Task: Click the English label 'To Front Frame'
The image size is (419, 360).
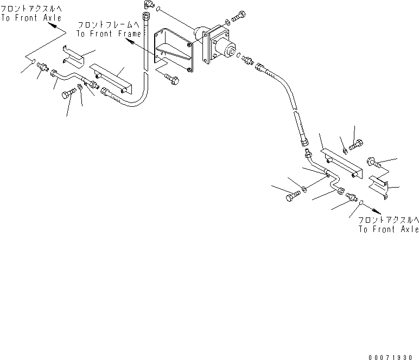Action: click(108, 34)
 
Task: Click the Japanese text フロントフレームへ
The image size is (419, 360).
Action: click(109, 25)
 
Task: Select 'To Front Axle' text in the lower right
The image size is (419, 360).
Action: click(389, 229)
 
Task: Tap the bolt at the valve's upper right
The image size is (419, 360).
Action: click(238, 17)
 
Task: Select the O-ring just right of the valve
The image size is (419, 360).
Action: click(239, 55)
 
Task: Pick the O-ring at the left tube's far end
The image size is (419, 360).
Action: click(33, 62)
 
